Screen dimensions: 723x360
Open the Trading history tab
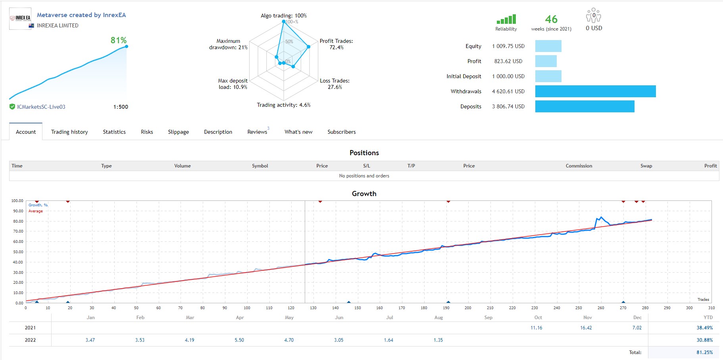tap(69, 132)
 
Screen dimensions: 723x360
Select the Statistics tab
tap(114, 132)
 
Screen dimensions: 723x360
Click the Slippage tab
tap(178, 132)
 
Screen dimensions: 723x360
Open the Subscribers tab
tap(342, 132)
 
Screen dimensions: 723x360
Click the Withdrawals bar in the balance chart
tap(595, 91)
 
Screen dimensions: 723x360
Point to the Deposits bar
tap(585, 106)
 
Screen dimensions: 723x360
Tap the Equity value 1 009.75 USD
tap(508, 46)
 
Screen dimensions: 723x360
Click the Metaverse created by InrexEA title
tap(81, 15)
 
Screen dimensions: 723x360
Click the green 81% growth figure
tap(119, 40)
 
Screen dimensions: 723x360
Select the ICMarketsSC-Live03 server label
tap(41, 107)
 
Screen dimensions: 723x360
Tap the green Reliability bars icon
tap(506, 19)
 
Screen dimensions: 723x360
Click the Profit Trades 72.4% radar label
tap(337, 44)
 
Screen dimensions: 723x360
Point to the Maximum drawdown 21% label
tap(228, 44)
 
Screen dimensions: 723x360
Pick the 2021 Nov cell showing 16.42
tap(586, 328)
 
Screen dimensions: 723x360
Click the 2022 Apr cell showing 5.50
tap(239, 340)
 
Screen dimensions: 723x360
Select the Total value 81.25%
tap(705, 352)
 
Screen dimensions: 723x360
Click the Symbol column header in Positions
tap(260, 166)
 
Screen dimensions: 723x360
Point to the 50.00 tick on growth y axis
tap(18, 252)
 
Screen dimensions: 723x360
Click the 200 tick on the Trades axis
tap(468, 308)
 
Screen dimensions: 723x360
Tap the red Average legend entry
tap(35, 211)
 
